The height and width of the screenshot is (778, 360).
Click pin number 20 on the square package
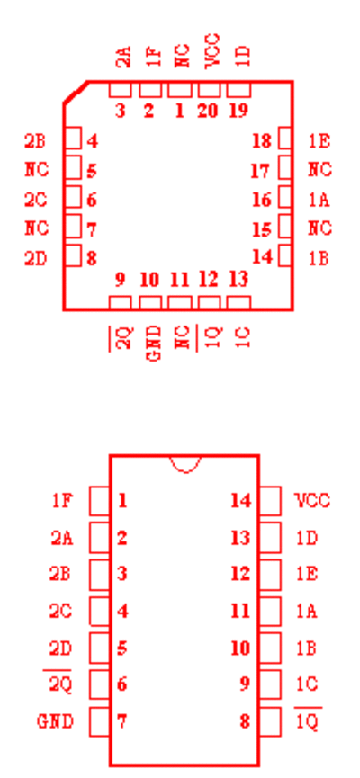pos(208,111)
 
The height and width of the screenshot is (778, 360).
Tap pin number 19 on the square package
pos(238,111)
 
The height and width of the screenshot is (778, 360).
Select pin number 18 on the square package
pos(262,141)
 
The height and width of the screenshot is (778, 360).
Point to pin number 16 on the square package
pos(262,200)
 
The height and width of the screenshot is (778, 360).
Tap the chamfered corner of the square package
pos(76,93)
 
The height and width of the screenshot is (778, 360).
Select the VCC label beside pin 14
pos(313,501)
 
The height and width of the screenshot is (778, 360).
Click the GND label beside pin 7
pos(56,721)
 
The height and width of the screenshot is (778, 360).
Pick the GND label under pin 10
pos(155,343)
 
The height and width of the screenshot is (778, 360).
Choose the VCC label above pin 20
pos(212,51)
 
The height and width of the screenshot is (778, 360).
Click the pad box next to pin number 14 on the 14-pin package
pos(270,501)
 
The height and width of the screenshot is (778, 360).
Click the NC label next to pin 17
pos(319,170)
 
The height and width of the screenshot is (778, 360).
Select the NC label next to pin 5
pos(37,170)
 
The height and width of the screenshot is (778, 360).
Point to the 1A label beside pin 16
pos(319,200)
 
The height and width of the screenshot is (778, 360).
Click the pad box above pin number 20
pos(209,90)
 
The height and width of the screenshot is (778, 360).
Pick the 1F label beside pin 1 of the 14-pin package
pos(63,501)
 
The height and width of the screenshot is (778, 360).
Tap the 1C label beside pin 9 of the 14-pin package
pos(306,684)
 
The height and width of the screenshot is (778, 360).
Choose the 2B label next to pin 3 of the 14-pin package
pos(60,574)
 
